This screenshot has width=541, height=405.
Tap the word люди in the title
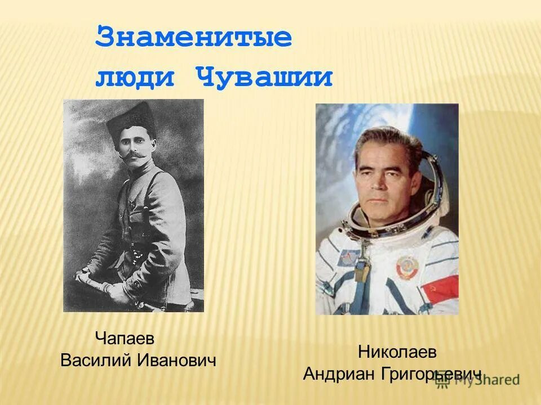pos(135,76)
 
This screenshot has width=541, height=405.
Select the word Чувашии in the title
pos(264,76)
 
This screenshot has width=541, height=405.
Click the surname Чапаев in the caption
pos(125,339)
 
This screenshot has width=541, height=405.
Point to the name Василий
pos(96,361)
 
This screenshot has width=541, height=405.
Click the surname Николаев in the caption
pos(397,353)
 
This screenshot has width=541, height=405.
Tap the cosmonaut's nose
pos(379,179)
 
